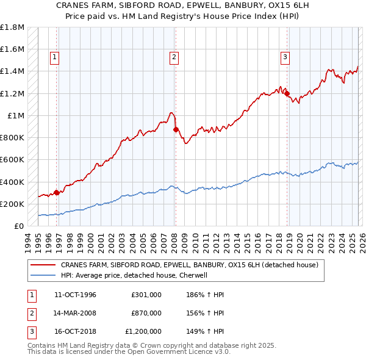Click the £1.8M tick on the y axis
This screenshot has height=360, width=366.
coord(13,27)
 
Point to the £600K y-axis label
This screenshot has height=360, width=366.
coord(13,160)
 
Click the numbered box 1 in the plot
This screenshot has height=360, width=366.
coord(54,57)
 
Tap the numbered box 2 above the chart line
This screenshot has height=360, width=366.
coord(174,57)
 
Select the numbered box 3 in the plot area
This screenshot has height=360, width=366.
coord(285,57)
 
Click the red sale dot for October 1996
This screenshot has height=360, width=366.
coord(57,193)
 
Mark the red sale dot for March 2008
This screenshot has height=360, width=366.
coord(175,129)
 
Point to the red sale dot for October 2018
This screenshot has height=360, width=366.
coord(287,93)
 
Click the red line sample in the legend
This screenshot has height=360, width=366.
coord(43,265)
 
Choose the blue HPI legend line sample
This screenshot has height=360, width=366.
coord(43,275)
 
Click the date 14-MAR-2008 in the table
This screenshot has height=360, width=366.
coord(75,313)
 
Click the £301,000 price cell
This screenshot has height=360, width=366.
coord(146,295)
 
